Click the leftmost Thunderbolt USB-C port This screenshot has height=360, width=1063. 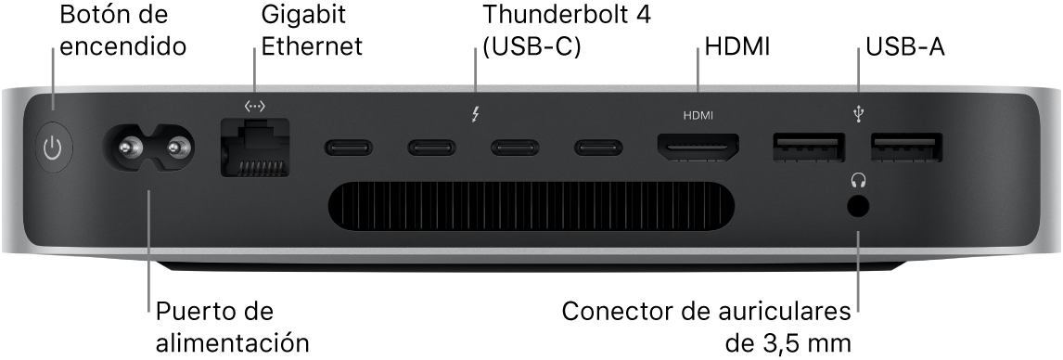[349, 147]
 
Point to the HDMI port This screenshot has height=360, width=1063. [698, 147]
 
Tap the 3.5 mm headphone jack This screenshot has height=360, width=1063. [858, 206]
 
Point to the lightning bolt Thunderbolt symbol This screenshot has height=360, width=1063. [476, 116]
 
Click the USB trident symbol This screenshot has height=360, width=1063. [858, 114]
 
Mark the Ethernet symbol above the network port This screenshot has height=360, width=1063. [254, 108]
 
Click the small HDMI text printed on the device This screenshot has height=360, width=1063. [698, 117]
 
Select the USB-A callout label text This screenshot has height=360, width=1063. [904, 46]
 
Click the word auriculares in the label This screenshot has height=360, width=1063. [788, 310]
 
